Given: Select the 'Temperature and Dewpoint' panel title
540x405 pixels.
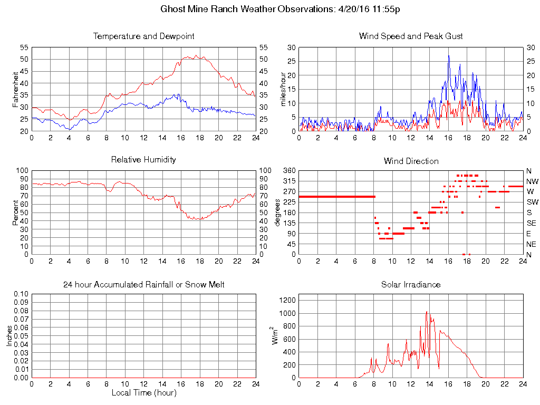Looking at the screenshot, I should click(x=144, y=36).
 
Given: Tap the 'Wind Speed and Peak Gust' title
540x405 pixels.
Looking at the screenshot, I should click(x=411, y=36).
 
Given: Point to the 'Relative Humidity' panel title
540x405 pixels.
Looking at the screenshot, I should click(x=144, y=159).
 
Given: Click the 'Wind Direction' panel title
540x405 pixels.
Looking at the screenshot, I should click(x=411, y=161).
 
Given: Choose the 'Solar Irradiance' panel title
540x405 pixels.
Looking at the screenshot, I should click(x=411, y=285).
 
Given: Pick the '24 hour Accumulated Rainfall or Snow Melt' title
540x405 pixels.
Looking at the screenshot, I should click(x=144, y=285).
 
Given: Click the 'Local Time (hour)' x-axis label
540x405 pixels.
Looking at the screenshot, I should click(x=144, y=393).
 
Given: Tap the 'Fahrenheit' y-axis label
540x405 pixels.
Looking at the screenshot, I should click(x=16, y=89).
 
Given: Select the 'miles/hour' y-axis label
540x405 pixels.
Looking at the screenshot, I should click(x=283, y=89).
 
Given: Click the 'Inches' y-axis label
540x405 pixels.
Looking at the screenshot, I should click(x=9, y=336).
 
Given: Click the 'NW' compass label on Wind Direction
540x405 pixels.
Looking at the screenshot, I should click(x=532, y=181).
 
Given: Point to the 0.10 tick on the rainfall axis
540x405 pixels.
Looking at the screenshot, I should click(x=21, y=294).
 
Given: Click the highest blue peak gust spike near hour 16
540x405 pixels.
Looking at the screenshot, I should click(x=449, y=56).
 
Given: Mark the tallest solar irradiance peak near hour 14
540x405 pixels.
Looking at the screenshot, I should click(x=427, y=312).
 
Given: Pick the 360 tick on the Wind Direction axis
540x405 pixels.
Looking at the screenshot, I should click(x=288, y=171).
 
